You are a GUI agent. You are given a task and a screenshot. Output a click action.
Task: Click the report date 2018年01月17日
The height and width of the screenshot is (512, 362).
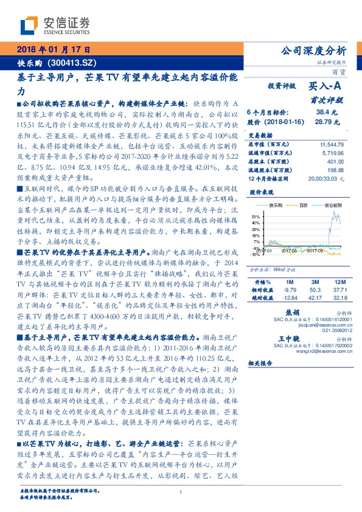54,50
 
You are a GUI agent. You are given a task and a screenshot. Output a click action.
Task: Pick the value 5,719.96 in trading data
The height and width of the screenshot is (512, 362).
334,152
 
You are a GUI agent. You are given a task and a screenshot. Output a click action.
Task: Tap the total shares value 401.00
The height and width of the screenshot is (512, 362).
336,161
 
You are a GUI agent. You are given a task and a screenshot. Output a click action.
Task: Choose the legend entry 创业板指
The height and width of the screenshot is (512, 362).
332,206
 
